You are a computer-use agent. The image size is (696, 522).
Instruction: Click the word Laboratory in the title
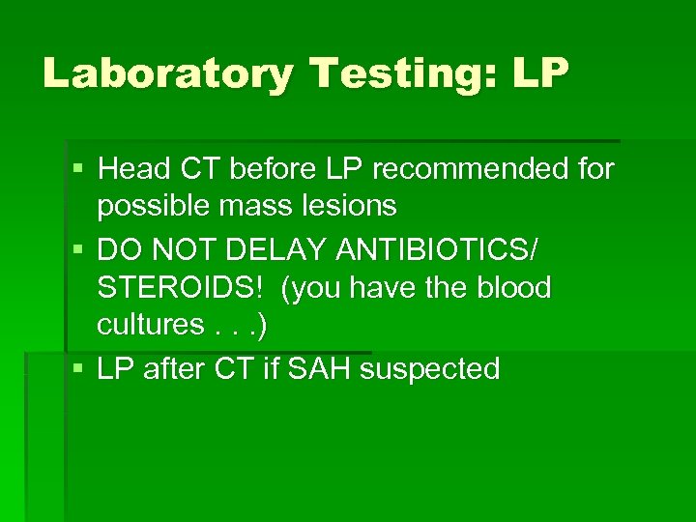(x=164, y=73)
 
